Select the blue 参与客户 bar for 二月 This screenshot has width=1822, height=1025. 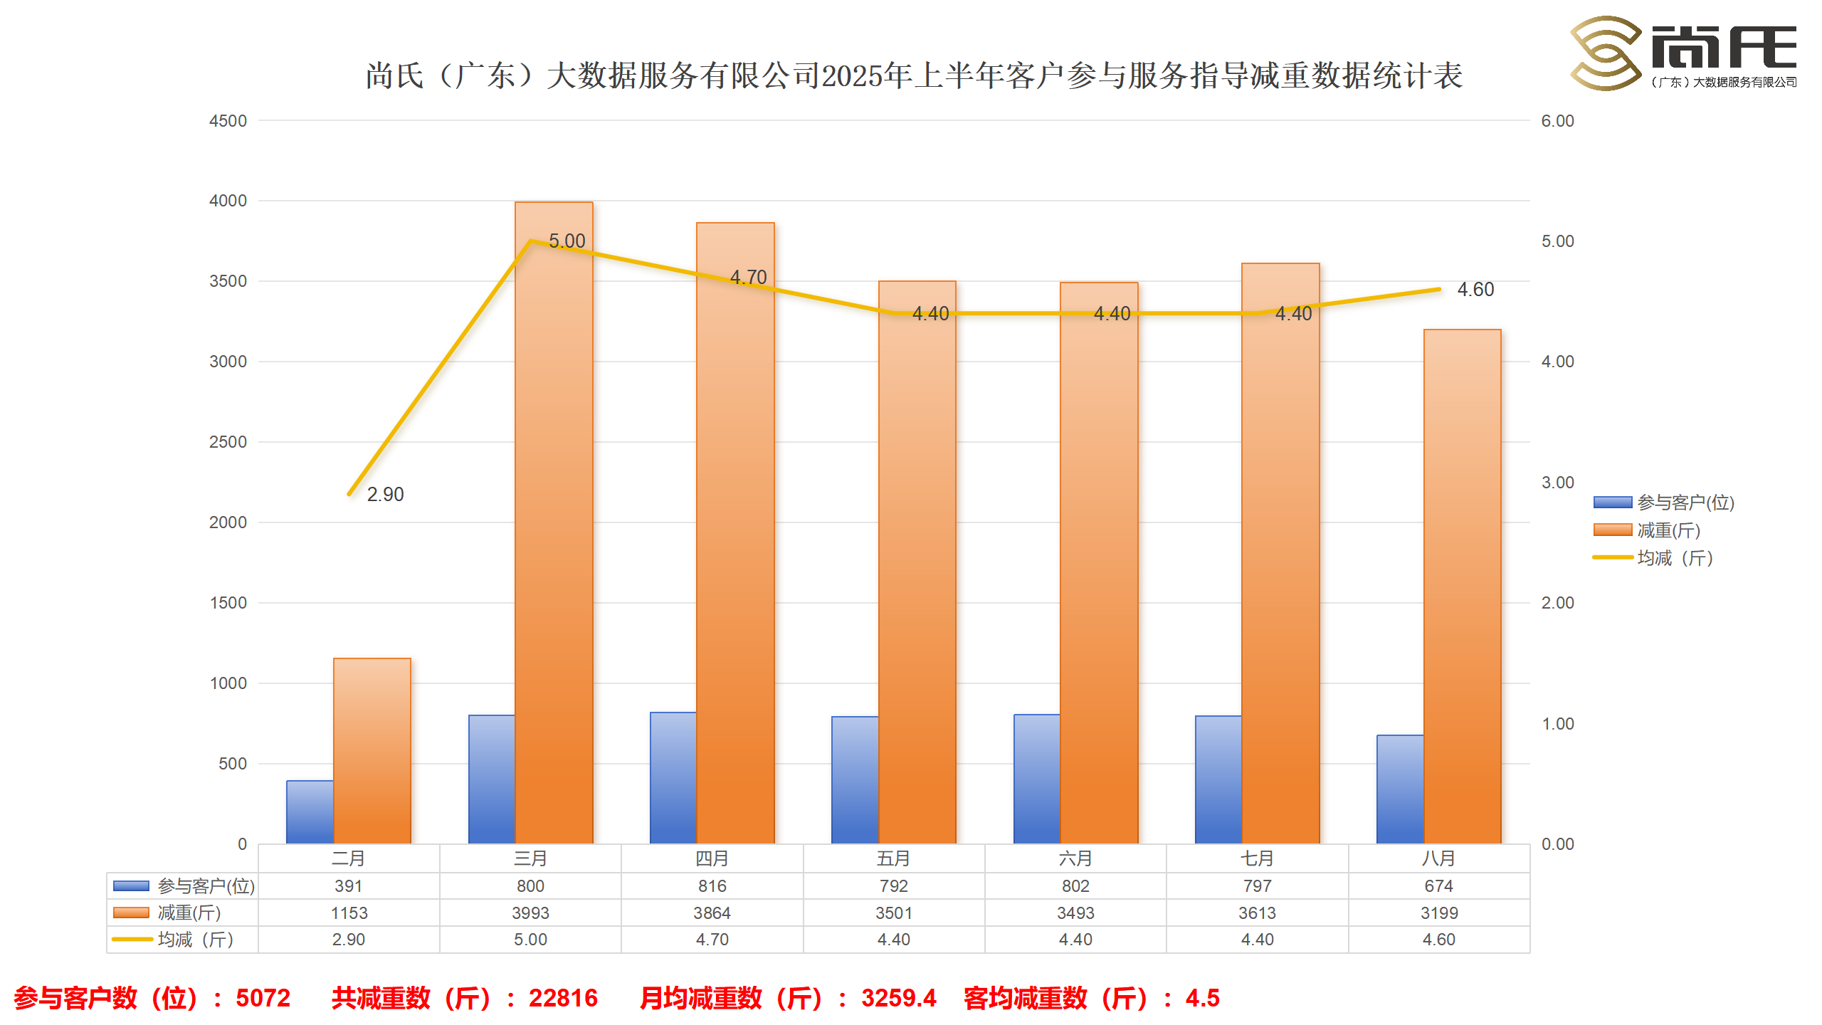pyautogui.click(x=310, y=812)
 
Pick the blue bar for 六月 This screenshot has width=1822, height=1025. pyautogui.click(x=1036, y=779)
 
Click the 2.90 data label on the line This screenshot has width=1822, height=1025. pyautogui.click(x=385, y=494)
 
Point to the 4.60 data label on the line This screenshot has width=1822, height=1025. pyautogui.click(x=1475, y=290)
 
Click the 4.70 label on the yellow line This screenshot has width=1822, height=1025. pyautogui.click(x=749, y=277)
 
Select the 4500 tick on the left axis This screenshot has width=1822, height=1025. pyautogui.click(x=228, y=121)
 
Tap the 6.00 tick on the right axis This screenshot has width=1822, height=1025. pyautogui.click(x=1557, y=121)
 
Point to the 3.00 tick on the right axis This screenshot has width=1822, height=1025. pyautogui.click(x=1557, y=483)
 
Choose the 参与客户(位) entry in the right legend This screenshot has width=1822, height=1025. pyautogui.click(x=1685, y=503)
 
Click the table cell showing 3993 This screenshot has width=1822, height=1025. pyautogui.click(x=530, y=913)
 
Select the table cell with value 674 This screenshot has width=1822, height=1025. pyautogui.click(x=1438, y=886)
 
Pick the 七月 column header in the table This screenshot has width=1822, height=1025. pyautogui.click(x=1257, y=858)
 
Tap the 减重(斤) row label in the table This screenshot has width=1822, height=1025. pyautogui.click(x=189, y=913)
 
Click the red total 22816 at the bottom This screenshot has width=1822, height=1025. pyautogui.click(x=563, y=998)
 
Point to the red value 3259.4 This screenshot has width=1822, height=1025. pyautogui.click(x=898, y=998)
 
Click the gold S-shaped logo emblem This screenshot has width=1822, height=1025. pyautogui.click(x=1606, y=53)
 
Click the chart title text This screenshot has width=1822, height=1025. pyautogui.click(x=914, y=75)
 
